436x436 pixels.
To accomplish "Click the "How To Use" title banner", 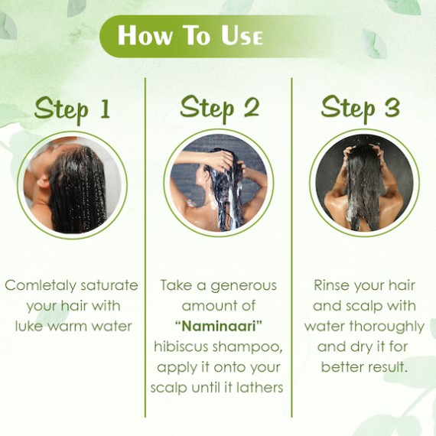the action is coord(190,36).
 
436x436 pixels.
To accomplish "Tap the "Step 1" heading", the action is coord(72,109).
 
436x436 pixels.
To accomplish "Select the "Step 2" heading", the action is coord(220,108).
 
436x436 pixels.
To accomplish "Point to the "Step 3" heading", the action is coord(360,108).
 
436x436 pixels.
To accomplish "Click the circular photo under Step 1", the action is coord(72,185).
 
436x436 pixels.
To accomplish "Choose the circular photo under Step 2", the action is coord(219,184).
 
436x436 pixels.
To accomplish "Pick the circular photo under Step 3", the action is coord(365,184).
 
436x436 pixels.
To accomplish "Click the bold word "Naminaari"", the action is coord(219,326).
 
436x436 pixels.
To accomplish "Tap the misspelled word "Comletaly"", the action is coord(40,286).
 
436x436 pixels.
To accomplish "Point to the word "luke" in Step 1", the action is coord(28,326).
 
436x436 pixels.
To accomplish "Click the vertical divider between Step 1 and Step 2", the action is coord(145,248).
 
